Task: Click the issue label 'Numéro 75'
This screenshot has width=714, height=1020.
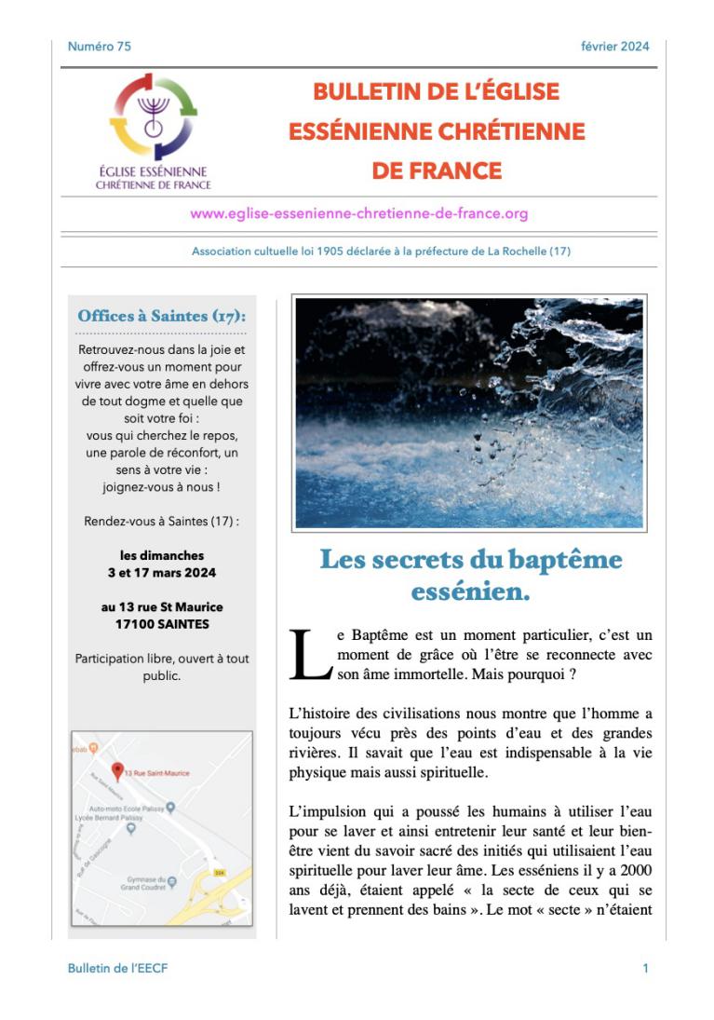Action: (100, 47)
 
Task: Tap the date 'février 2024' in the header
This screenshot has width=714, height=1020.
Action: (614, 47)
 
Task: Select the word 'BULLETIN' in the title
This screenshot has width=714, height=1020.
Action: (358, 92)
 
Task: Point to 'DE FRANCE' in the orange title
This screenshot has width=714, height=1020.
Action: (437, 171)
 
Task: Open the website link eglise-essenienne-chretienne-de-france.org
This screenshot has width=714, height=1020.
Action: (359, 213)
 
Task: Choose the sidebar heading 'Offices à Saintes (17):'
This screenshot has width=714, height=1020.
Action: (162, 316)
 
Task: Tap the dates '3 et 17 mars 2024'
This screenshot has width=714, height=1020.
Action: (162, 572)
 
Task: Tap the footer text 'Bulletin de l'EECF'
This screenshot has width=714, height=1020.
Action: (118, 969)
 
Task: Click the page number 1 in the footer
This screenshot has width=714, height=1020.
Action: (645, 969)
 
